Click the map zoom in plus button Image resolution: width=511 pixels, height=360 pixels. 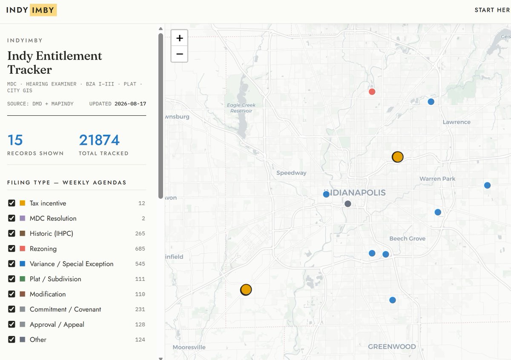click(x=180, y=38)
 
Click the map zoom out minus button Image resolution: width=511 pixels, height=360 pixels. click(x=180, y=54)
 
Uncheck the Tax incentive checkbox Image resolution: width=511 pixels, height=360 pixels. click(x=11, y=203)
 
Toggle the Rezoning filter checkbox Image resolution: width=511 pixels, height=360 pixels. click(x=11, y=248)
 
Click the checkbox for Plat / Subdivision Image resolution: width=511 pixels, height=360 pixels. click(x=11, y=279)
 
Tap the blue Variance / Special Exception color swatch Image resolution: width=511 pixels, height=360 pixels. click(x=22, y=263)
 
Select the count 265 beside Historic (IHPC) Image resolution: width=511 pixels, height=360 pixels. click(x=140, y=234)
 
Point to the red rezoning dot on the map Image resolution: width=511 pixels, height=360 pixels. click(x=372, y=91)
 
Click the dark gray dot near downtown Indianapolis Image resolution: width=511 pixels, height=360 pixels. click(x=347, y=203)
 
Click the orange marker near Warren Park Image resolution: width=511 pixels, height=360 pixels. click(x=397, y=157)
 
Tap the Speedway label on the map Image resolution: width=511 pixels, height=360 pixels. click(x=291, y=173)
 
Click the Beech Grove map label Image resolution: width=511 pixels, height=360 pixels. click(x=407, y=238)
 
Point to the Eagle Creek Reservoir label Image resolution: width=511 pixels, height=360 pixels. click(x=241, y=108)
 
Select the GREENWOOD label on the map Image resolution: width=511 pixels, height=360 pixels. click(x=392, y=346)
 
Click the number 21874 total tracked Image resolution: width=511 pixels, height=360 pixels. click(x=99, y=140)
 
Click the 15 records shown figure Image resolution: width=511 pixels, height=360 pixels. click(x=15, y=140)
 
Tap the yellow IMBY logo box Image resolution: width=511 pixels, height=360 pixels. click(x=43, y=10)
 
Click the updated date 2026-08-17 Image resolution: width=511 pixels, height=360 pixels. click(x=130, y=104)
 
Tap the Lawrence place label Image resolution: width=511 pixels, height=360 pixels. click(x=456, y=122)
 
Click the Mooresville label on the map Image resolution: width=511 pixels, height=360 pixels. click(x=189, y=347)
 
